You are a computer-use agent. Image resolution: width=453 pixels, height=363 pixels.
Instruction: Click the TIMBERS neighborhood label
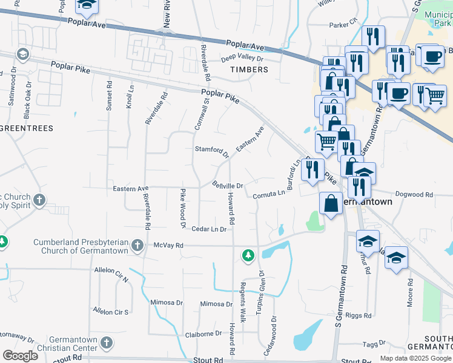pyautogui.click(x=249, y=70)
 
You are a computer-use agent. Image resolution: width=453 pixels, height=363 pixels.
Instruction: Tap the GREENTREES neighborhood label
pyautogui.click(x=27, y=128)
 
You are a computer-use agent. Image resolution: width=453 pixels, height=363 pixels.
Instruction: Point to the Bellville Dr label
pyautogui.click(x=227, y=185)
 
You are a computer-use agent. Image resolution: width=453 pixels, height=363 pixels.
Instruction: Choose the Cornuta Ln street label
pyautogui.click(x=268, y=193)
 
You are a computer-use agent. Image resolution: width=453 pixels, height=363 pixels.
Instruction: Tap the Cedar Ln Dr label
pyautogui.click(x=208, y=229)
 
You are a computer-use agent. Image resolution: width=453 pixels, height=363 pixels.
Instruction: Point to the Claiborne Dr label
pyautogui.click(x=203, y=333)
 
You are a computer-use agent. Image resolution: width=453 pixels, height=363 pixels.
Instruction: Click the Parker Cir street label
pyautogui.click(x=343, y=25)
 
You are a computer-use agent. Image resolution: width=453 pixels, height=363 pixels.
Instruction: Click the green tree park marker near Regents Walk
pyautogui.click(x=248, y=256)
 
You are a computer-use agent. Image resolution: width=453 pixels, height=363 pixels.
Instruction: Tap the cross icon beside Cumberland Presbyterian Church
pyautogui.click(x=137, y=245)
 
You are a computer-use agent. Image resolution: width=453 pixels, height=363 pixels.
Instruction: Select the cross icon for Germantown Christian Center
pyautogui.click(x=106, y=343)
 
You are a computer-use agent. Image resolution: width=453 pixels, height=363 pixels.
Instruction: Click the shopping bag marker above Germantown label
pyautogui.click(x=332, y=203)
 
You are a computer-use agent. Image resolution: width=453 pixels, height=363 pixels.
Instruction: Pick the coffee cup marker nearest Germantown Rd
pyautogui.click(x=398, y=94)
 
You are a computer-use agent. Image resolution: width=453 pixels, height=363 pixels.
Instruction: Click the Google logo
pyautogui.click(x=20, y=356)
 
